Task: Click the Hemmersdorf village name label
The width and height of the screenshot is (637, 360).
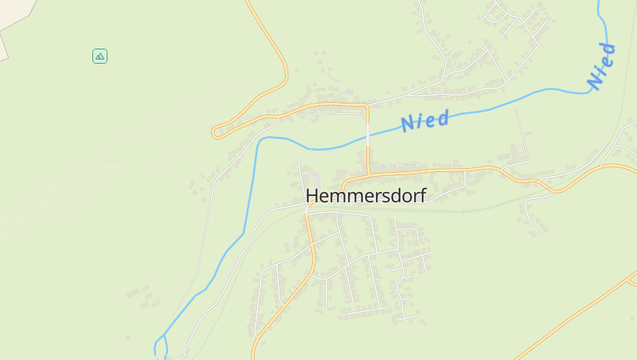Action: pos(365,195)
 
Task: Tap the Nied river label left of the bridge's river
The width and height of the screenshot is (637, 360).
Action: pos(425,120)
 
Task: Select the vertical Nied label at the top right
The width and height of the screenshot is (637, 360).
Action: pos(601,65)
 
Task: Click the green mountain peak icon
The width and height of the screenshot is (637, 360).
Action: pos(100,56)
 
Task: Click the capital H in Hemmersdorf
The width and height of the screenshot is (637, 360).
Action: pos(313,195)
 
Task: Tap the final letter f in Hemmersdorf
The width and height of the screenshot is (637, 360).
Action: pos(422,195)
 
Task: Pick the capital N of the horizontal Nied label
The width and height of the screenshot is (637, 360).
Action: pos(409,123)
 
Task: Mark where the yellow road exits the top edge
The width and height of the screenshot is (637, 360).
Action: pos(248,2)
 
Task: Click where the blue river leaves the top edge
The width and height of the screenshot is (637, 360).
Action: pos(600,2)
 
